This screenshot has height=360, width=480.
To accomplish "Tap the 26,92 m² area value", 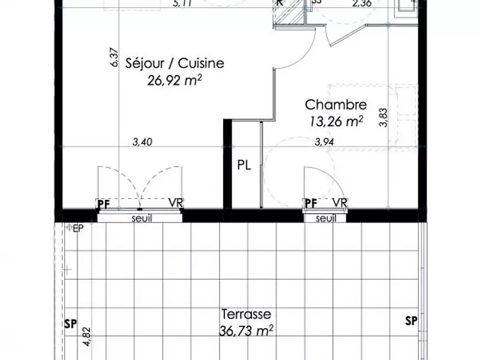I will pos(174,80).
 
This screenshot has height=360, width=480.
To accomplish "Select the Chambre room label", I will pos(335,104).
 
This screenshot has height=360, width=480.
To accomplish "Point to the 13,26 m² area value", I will pos(335,121).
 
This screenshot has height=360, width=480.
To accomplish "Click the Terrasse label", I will pos(247,314).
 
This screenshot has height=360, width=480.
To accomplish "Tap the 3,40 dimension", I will pos(142,142).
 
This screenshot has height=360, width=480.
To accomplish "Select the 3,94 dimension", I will pos(325,142).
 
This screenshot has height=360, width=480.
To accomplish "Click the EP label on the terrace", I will pos(77,228).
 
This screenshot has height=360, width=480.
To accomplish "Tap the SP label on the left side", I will pos(70,325).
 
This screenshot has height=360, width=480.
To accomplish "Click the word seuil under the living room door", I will pos(142,218).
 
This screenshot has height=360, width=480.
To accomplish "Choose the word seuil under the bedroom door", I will pos(326,218).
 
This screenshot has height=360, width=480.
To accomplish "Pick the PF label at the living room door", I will pos(104,203).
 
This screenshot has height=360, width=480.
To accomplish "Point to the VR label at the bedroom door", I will pos(340,203).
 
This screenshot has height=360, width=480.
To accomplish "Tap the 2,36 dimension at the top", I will pos(361,4).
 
